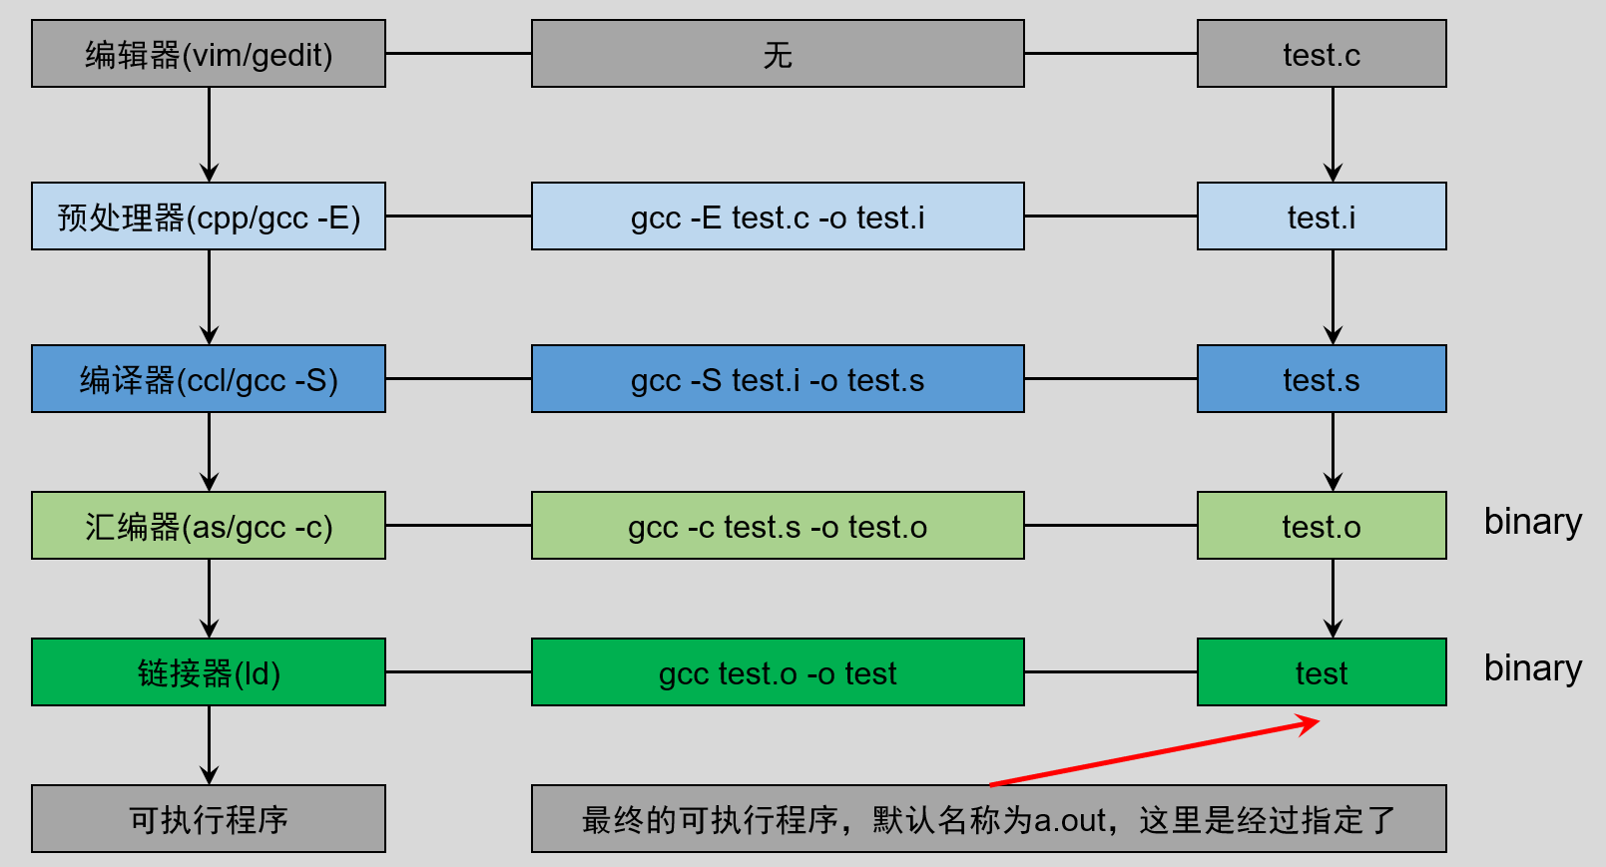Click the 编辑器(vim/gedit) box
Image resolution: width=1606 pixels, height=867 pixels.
coord(209,54)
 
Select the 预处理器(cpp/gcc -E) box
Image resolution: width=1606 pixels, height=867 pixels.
coord(209,217)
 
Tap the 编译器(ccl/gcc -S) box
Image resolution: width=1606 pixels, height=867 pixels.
coord(209,379)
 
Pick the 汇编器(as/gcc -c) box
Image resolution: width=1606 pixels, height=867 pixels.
coord(209,526)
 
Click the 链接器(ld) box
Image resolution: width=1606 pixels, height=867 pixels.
coord(209,672)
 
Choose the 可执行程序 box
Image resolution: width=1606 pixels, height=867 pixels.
coord(209,819)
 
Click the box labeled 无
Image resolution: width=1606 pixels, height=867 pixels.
coord(778,54)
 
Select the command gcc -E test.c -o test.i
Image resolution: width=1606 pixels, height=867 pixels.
coord(778,217)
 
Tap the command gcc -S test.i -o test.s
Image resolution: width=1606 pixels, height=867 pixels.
coord(778,379)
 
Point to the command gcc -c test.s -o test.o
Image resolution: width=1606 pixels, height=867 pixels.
coord(778,526)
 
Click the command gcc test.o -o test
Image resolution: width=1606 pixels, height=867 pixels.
coord(778,672)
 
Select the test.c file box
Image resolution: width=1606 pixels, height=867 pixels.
coord(1322,54)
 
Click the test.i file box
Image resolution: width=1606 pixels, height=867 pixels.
coord(1322,217)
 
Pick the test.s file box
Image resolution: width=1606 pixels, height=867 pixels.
coord(1322,379)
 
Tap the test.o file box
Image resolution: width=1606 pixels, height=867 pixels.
coord(1322,526)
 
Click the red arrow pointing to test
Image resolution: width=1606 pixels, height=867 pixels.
coord(1153,753)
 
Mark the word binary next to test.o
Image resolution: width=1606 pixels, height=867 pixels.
coord(1533,522)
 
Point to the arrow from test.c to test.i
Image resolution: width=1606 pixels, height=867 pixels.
coord(1333,135)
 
